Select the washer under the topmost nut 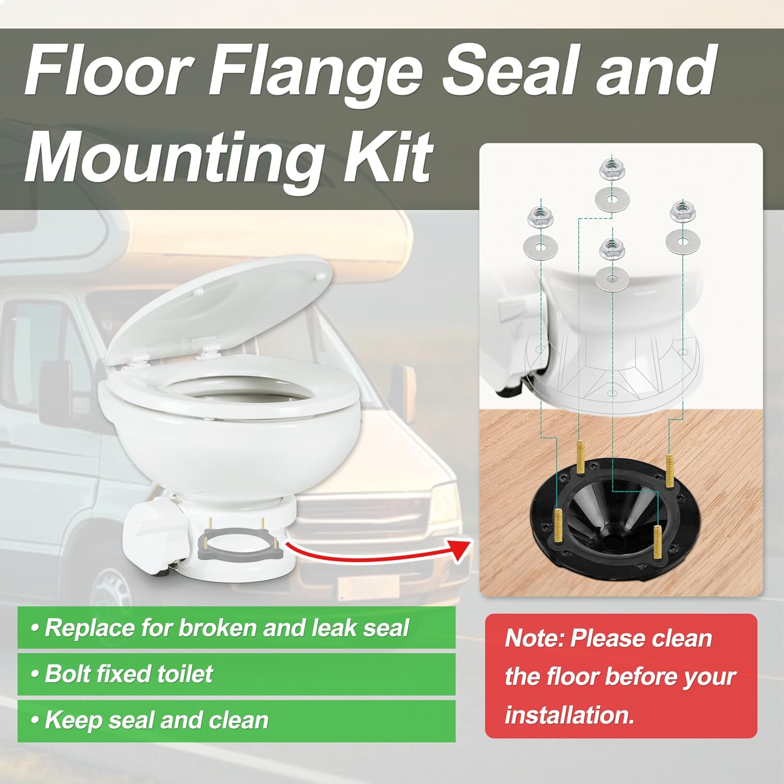[x=613, y=199]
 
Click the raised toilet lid [x=220, y=308]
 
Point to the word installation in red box [x=570, y=714]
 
